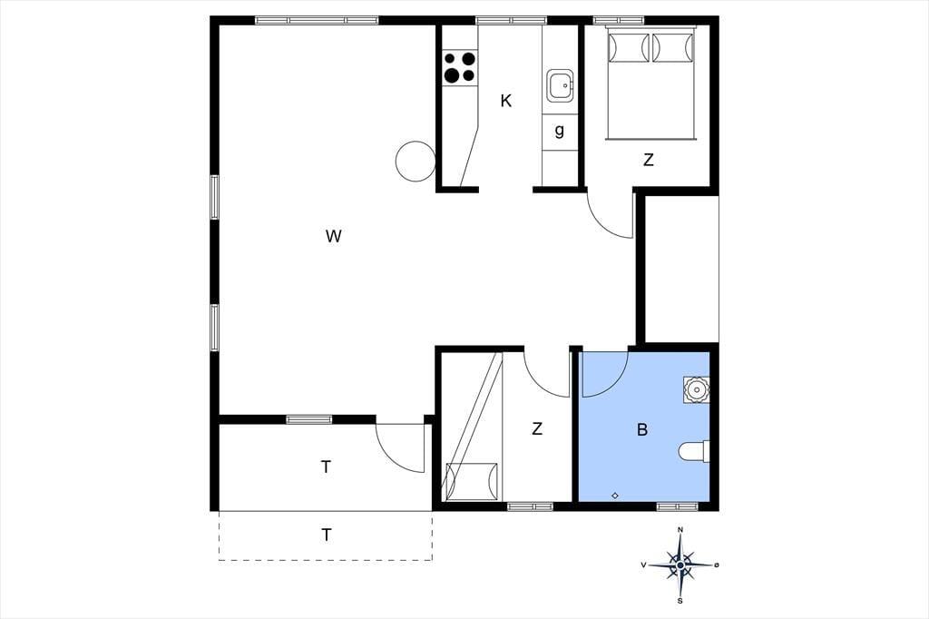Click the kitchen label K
505,101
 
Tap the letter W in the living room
334,236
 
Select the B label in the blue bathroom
641,430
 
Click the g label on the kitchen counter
559,131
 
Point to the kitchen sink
560,86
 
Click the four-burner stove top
460,67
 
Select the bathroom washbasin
696,389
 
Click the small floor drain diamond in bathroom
615,495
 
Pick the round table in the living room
416,162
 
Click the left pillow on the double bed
630,47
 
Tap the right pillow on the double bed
672,47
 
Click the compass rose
680,565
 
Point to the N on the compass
680,529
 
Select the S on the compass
680,601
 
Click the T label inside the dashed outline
326,535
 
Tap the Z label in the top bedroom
648,160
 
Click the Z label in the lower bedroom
537,428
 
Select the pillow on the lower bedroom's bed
472,481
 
